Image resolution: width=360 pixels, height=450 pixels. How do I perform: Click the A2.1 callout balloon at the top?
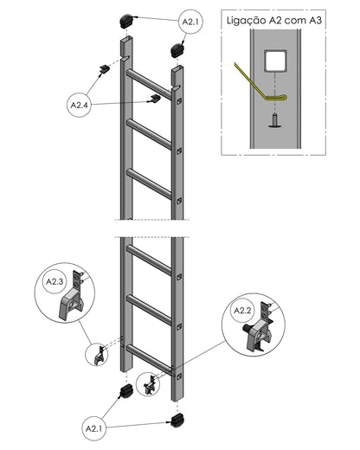190,22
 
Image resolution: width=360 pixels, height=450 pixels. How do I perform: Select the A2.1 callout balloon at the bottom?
94,428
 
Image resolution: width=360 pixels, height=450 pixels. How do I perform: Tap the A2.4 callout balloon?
79,105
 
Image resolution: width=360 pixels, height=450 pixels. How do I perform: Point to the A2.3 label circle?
55,281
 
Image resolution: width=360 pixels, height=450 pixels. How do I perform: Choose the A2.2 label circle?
242,311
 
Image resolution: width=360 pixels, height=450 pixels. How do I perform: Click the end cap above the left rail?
126,22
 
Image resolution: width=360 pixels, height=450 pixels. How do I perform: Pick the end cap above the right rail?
177,50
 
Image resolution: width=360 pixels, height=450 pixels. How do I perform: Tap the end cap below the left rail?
126,391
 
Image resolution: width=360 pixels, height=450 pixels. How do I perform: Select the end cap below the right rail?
177,421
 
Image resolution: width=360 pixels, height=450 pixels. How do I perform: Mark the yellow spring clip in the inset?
260,83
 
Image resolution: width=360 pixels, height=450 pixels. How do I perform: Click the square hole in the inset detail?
275,61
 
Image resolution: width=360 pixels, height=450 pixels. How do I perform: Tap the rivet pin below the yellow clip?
275,120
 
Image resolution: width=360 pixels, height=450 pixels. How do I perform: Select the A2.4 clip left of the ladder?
104,69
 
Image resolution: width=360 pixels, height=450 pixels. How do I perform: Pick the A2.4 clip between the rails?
155,99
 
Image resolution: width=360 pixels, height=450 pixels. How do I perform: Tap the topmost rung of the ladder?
149,84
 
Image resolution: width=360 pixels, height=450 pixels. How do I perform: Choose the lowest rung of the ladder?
150,359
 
